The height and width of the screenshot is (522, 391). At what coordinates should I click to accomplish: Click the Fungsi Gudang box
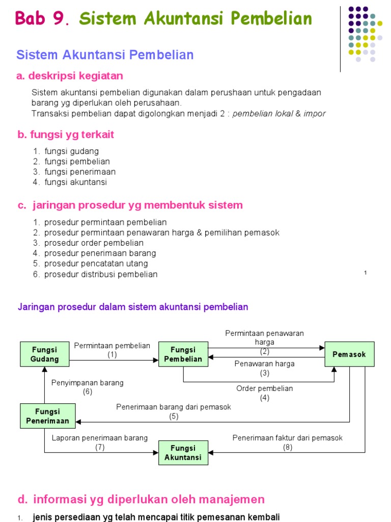45,354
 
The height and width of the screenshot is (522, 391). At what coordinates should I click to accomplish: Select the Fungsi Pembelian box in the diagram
183,354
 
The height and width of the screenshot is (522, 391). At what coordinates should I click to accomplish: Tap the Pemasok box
349,354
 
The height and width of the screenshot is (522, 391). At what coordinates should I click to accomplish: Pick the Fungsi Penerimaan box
47,416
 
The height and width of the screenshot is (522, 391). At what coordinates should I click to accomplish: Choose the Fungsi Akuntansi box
183,453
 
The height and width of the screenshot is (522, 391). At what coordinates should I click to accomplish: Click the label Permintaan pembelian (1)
112,350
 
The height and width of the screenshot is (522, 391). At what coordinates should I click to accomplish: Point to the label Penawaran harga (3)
264,368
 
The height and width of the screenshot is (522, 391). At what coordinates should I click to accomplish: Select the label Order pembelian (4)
264,393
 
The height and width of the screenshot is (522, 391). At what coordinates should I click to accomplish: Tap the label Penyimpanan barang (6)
88,387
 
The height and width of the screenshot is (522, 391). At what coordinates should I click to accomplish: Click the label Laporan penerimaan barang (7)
100,442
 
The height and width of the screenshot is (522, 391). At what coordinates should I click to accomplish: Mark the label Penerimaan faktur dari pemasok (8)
288,442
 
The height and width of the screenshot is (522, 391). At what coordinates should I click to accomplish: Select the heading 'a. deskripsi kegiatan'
70,76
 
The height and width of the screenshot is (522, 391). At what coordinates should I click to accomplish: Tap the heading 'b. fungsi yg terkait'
66,135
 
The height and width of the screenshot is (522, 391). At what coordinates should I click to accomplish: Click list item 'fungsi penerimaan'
80,172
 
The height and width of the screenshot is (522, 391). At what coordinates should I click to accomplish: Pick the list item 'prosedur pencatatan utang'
96,264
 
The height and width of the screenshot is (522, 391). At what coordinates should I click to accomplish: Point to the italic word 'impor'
315,113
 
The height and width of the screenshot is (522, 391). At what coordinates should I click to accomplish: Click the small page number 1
366,273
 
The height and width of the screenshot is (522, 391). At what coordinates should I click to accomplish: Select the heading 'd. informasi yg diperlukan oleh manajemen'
141,499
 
